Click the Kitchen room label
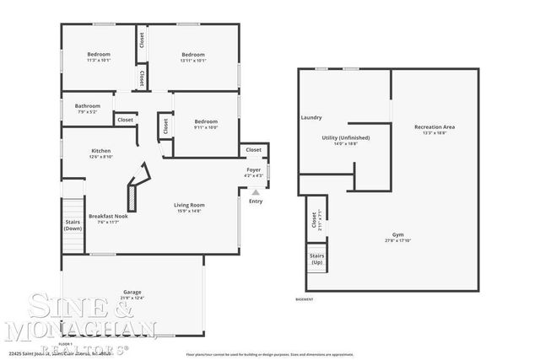tap(100, 152)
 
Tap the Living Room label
tap(189, 204)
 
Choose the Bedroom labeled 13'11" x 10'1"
tap(193, 56)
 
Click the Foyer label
tap(253, 170)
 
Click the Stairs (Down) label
tap(73, 225)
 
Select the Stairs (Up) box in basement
tap(316, 259)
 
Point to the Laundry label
tap(310, 117)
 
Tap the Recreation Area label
tap(435, 127)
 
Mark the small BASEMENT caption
tap(305, 299)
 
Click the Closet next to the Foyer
tap(253, 149)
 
